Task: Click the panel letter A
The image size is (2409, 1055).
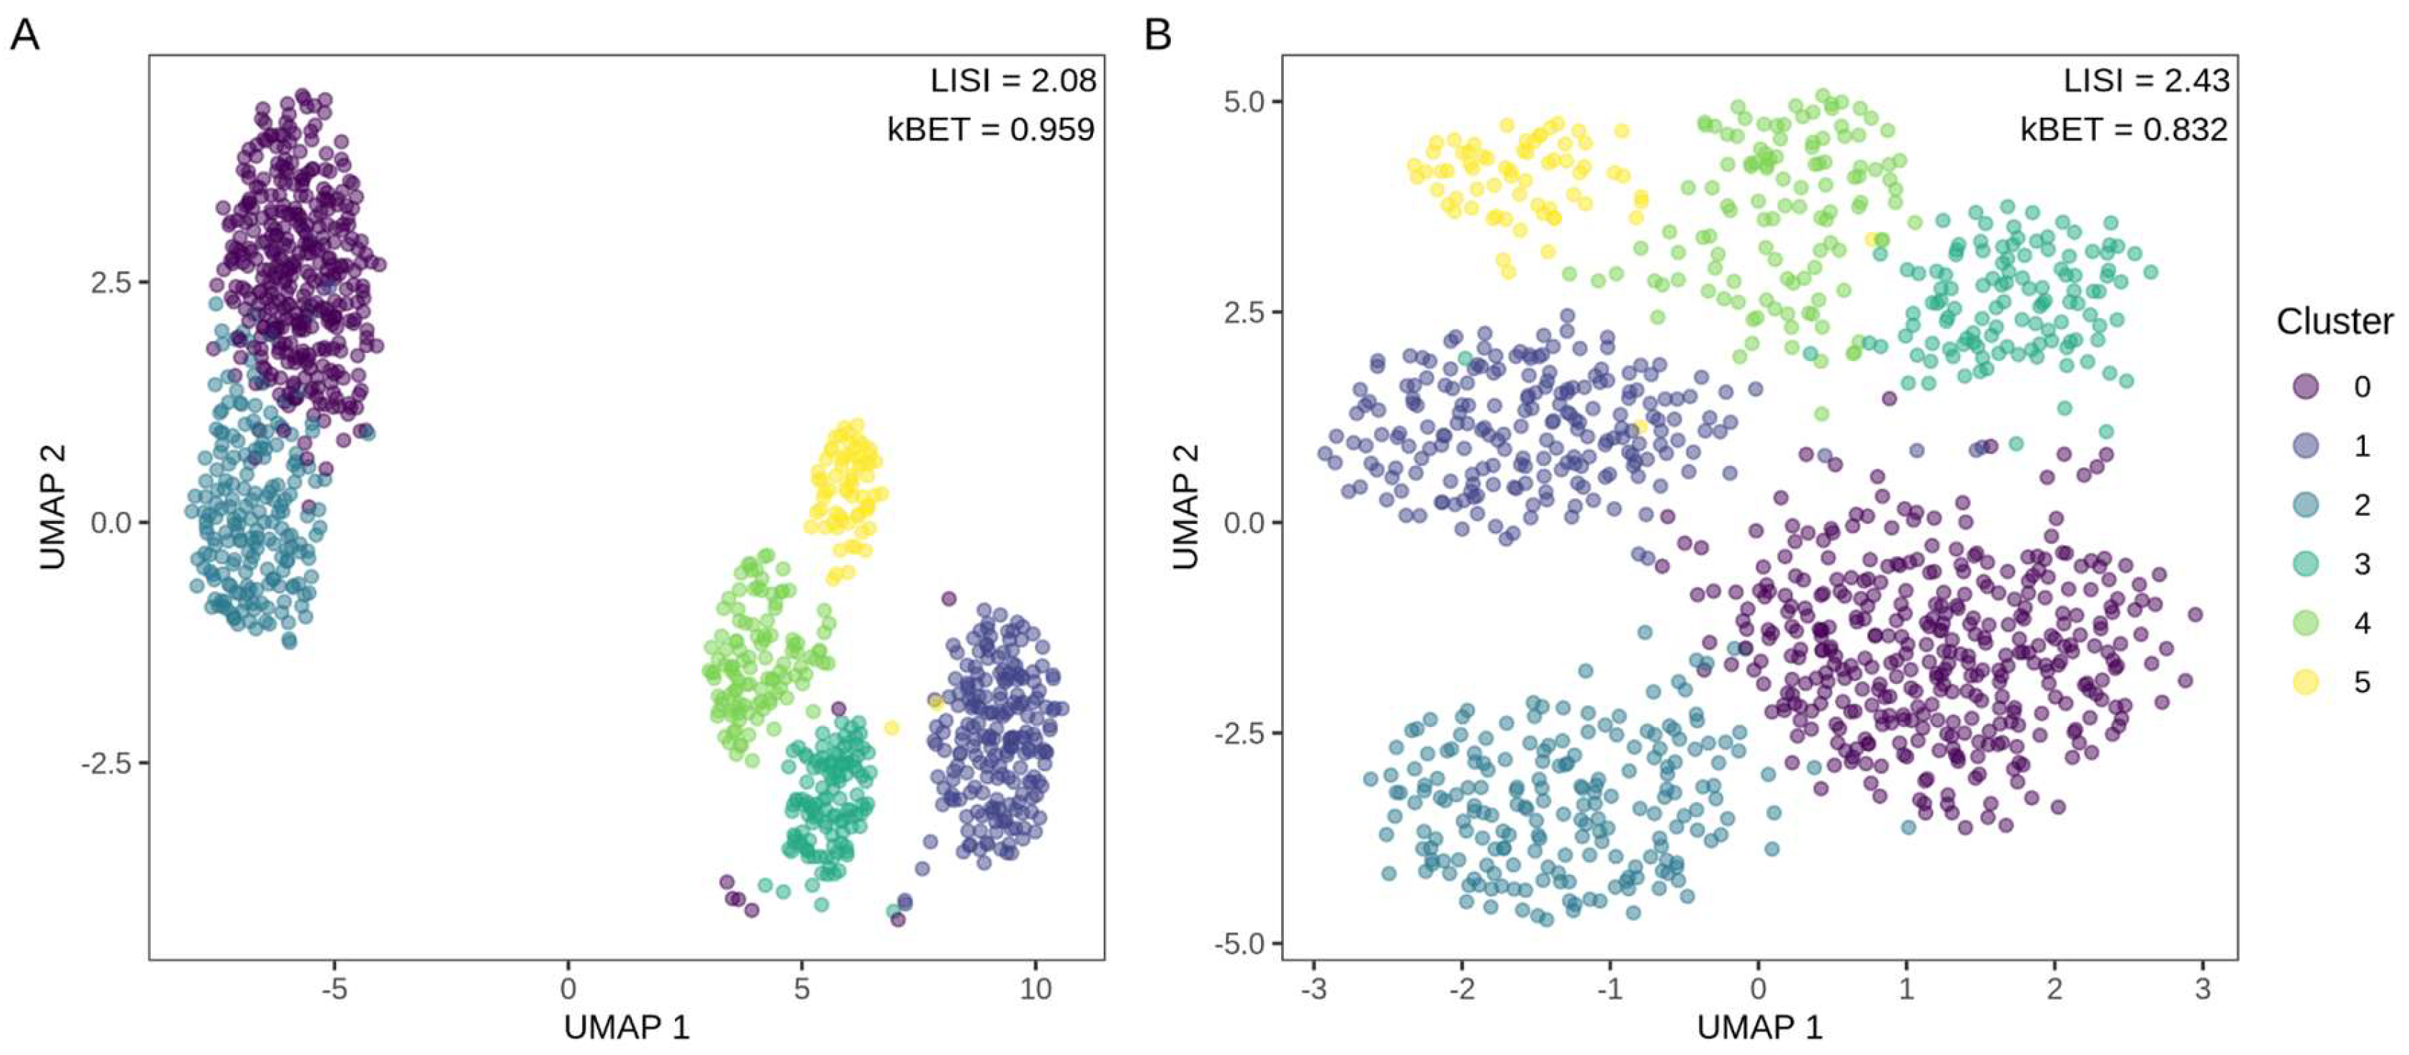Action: coord(24,36)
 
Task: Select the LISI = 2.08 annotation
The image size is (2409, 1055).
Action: coord(1012,81)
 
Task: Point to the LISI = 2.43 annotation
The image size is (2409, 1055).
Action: coord(2145,81)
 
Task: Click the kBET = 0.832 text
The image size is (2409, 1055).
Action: coord(2124,129)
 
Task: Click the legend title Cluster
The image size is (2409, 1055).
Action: coord(2334,322)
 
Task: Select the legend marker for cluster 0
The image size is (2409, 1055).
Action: coord(2306,386)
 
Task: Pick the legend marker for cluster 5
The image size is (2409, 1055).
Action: coord(2306,682)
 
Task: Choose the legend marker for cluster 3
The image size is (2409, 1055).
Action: coord(2306,564)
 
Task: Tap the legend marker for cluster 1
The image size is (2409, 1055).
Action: coord(2306,445)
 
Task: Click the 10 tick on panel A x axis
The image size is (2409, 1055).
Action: coord(1034,989)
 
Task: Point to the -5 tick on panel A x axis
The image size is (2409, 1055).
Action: coord(334,989)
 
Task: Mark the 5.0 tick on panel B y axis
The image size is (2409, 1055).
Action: coord(1244,101)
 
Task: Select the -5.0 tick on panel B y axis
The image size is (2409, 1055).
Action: coord(1240,943)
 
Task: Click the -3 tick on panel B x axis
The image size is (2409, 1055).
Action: coord(1313,989)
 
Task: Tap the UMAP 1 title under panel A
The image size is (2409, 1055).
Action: coord(627,1028)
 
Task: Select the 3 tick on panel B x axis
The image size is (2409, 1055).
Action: coord(2202,989)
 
